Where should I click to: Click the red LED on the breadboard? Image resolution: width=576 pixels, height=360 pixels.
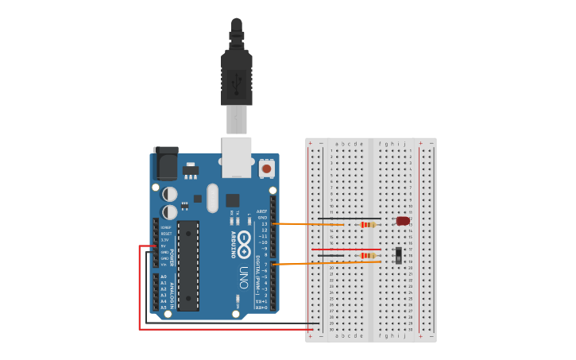click(403, 221)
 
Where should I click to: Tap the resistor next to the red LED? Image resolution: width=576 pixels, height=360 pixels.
click(367, 225)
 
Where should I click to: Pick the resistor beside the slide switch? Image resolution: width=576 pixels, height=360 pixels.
click(367, 255)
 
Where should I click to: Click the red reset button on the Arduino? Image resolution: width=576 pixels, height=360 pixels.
click(266, 168)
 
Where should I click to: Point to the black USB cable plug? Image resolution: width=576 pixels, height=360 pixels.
click(237, 76)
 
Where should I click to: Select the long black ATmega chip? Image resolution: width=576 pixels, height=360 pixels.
click(188, 265)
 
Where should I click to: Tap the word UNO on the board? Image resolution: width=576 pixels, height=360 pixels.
click(243, 275)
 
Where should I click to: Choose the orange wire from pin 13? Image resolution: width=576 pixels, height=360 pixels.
click(310, 225)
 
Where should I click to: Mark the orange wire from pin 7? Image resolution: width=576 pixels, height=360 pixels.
click(310, 263)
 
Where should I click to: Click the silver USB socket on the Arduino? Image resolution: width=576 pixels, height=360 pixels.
click(236, 156)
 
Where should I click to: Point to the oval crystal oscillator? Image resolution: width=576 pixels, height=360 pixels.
click(212, 198)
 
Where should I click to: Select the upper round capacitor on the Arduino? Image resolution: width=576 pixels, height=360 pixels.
click(170, 194)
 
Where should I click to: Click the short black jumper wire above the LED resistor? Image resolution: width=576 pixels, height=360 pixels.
click(350, 219)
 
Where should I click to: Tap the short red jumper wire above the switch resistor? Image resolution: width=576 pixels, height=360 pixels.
click(350, 250)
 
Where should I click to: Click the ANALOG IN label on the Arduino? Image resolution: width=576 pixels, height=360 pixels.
click(172, 292)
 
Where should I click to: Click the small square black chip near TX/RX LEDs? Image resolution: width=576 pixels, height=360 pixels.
click(232, 200)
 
